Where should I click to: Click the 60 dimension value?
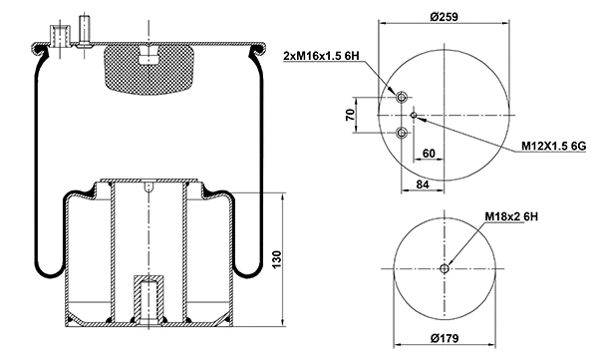click(428, 154)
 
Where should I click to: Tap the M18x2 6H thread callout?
click(512, 215)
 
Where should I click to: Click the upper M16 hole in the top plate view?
click(401, 98)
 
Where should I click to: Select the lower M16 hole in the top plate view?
click(401, 134)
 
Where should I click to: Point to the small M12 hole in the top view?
click(414, 116)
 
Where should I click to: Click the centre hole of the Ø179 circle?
click(444, 268)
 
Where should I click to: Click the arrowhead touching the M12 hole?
click(421, 118)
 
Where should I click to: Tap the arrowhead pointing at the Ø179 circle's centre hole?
click(449, 262)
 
